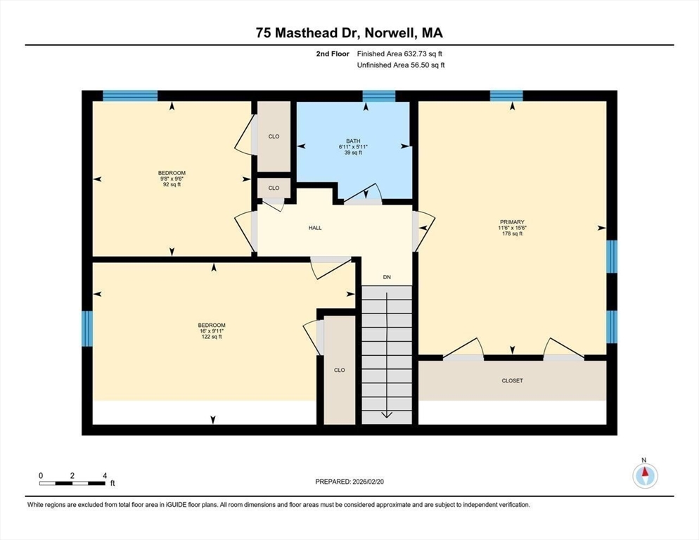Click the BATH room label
pyautogui.click(x=353, y=141)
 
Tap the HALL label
pyautogui.click(x=315, y=228)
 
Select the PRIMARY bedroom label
pyautogui.click(x=512, y=222)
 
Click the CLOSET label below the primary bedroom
pyautogui.click(x=512, y=381)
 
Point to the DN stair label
pyautogui.click(x=387, y=277)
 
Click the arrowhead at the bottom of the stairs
pyautogui.click(x=387, y=415)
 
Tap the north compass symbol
pyautogui.click(x=645, y=475)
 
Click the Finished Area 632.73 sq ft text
pyautogui.click(x=399, y=54)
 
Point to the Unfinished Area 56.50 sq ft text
pyautogui.click(x=401, y=65)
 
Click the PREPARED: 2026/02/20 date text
pyautogui.click(x=349, y=482)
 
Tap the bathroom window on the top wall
pyautogui.click(x=379, y=96)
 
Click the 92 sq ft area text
pyautogui.click(x=172, y=185)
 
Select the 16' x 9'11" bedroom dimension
pyautogui.click(x=212, y=331)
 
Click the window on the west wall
pyautogui.click(x=87, y=328)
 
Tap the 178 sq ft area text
pyautogui.click(x=512, y=233)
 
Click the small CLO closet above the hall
pyautogui.click(x=274, y=188)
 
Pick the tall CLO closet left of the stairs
pyautogui.click(x=339, y=370)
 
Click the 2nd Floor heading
pyautogui.click(x=333, y=54)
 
